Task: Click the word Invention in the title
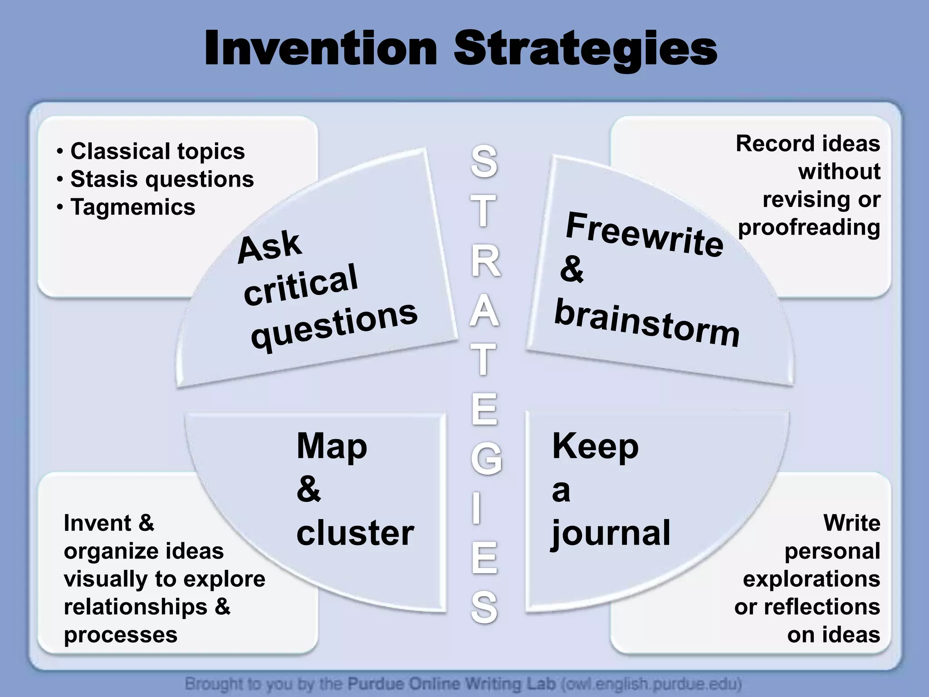coord(320,49)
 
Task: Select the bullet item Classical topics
coord(157,151)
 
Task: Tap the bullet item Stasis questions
coord(162,179)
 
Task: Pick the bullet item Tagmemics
coord(132,207)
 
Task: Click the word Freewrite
coord(644,235)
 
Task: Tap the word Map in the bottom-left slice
coord(332,447)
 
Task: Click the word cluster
coord(355,533)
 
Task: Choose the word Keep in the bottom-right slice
coord(595,447)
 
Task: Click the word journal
coord(611,534)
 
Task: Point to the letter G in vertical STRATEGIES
coord(486,459)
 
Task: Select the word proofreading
coord(809,227)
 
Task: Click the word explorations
coord(811,579)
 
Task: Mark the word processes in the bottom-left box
coord(120,635)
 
